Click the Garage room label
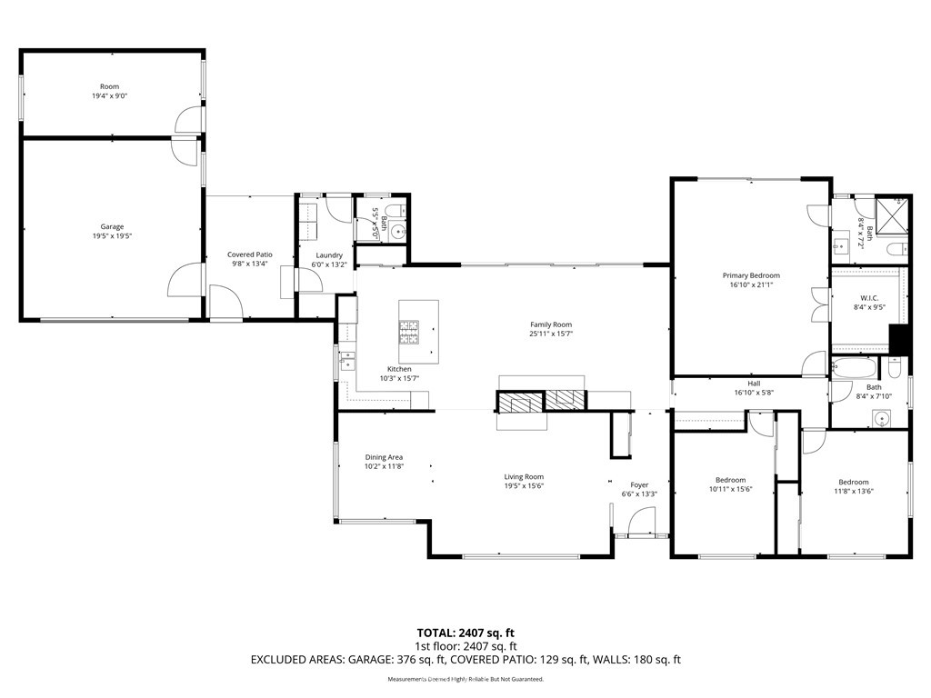pyautogui.click(x=112, y=226)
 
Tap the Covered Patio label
pyautogui.click(x=249, y=254)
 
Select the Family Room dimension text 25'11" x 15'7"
pyautogui.click(x=551, y=334)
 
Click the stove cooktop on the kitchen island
pyautogui.click(x=408, y=333)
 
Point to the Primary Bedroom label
pyautogui.click(x=751, y=275)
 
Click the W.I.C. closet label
pyautogui.click(x=869, y=298)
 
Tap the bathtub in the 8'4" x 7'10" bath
pyautogui.click(x=854, y=369)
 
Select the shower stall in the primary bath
pyautogui.click(x=893, y=214)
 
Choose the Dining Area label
pyautogui.click(x=384, y=457)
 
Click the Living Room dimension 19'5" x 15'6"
pyautogui.click(x=524, y=485)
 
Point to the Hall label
pyautogui.click(x=754, y=384)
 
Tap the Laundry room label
pyautogui.click(x=329, y=255)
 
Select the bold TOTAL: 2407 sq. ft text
pyautogui.click(x=465, y=633)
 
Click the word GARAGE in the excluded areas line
pyautogui.click(x=369, y=660)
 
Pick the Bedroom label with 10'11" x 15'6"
pyautogui.click(x=730, y=480)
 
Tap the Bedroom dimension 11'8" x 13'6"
pyautogui.click(x=854, y=491)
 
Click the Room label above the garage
pyautogui.click(x=109, y=86)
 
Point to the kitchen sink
pyautogui.click(x=347, y=360)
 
